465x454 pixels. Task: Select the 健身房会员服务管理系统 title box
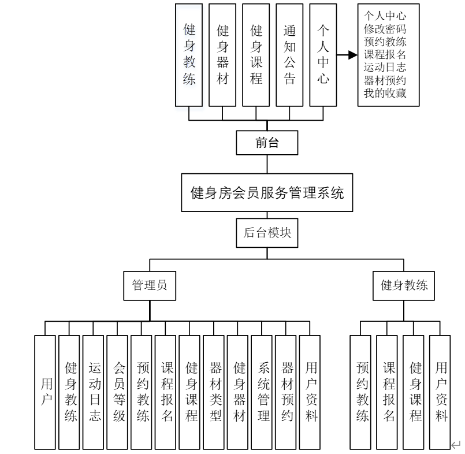tap(267, 193)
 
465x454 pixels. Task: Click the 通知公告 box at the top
tap(290, 55)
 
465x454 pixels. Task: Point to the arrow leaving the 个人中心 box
tap(347, 55)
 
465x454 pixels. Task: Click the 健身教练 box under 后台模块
tap(403, 285)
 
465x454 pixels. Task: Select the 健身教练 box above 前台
tap(189, 55)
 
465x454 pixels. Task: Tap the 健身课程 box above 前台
tap(256, 55)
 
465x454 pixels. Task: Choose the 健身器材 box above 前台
tap(222, 55)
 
